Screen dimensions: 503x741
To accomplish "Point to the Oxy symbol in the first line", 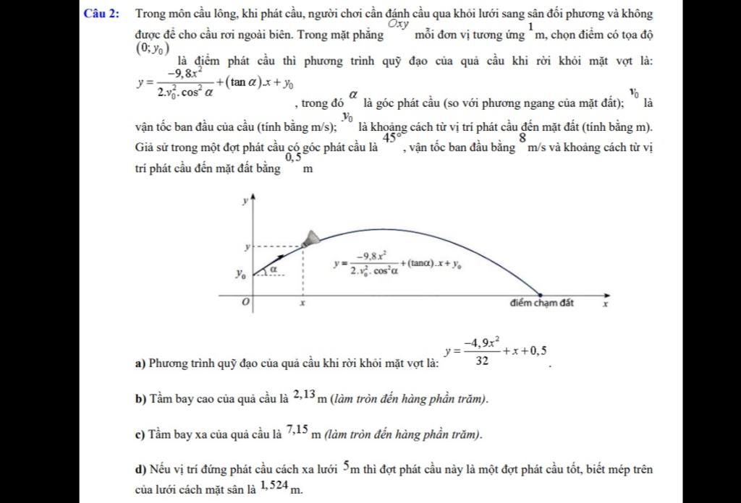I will coord(399,23).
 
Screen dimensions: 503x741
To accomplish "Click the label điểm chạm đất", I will coord(542,303).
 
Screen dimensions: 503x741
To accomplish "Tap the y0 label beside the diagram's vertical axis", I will coord(240,275).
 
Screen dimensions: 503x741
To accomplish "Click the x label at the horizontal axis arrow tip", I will coord(606,305).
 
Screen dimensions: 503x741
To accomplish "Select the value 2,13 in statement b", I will coord(304,394).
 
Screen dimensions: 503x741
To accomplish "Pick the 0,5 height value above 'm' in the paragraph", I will coord(293,157).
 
